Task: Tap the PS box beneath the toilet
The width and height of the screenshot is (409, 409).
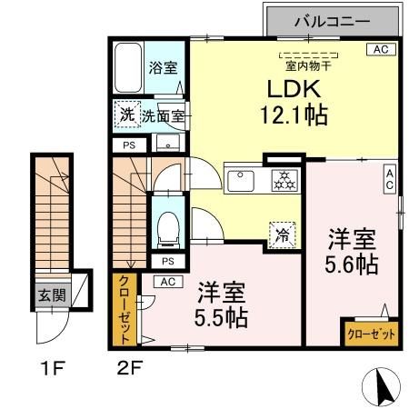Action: (166, 262)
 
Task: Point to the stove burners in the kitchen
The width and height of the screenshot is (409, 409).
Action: (283, 180)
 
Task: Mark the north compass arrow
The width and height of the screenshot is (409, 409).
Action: (385, 388)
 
